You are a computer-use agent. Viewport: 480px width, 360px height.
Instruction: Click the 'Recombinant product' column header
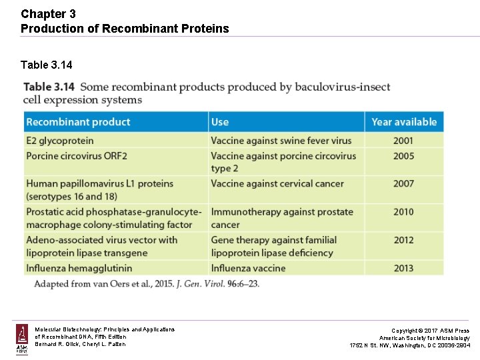[78, 122]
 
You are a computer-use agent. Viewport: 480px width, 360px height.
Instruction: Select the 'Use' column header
[220, 122]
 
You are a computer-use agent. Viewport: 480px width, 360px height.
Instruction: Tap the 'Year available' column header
[404, 122]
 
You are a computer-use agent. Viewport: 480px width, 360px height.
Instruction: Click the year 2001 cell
[403, 141]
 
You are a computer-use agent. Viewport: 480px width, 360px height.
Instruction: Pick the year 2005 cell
[403, 156]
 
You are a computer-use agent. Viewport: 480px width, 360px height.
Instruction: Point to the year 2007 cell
[403, 183]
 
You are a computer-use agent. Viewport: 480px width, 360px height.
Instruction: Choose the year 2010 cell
[403, 212]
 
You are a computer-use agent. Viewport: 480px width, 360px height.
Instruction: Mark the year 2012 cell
[403, 240]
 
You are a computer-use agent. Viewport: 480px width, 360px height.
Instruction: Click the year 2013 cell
[403, 268]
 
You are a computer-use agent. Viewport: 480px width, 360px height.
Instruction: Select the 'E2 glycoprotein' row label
[60, 141]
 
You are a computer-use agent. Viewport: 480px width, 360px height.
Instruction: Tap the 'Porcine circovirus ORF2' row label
[77, 156]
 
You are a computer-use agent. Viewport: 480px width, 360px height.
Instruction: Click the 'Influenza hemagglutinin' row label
[79, 268]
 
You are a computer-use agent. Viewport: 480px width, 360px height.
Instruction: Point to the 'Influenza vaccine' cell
[248, 268]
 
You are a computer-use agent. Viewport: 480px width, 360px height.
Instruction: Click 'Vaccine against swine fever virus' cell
[281, 141]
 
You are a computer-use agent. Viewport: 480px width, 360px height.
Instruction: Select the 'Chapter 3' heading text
[43, 13]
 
